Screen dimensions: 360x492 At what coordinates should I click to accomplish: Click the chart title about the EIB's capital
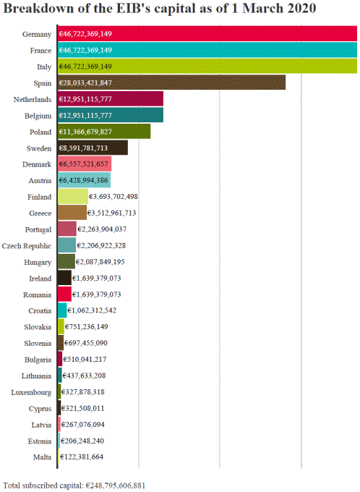(x=159, y=9)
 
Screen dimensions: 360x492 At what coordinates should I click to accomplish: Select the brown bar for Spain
(x=171, y=82)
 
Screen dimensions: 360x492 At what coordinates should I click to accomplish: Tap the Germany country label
(x=37, y=34)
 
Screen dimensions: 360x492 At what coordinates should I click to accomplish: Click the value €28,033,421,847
(x=85, y=82)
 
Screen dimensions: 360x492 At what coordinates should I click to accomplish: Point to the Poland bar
(x=104, y=132)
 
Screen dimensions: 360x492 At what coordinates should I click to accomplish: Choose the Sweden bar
(x=93, y=148)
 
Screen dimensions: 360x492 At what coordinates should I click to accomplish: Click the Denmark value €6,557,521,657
(x=83, y=164)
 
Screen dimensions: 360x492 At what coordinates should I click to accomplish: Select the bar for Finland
(x=73, y=197)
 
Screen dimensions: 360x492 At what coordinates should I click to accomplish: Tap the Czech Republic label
(x=26, y=246)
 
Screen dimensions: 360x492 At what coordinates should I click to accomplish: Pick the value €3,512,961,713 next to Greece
(x=111, y=213)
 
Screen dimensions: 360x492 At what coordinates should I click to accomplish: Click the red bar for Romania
(x=64, y=294)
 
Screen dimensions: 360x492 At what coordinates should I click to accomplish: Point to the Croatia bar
(x=62, y=310)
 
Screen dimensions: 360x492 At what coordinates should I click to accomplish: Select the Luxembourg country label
(x=31, y=393)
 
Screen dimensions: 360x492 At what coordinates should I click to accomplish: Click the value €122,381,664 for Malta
(x=82, y=457)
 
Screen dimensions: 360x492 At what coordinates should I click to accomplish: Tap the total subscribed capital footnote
(x=74, y=485)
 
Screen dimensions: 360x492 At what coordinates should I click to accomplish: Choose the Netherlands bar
(x=111, y=99)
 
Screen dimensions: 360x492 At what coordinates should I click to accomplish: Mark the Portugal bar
(x=67, y=229)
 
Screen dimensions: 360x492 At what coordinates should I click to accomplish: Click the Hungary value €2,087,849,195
(x=100, y=262)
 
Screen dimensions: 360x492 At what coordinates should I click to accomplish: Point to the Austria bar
(x=84, y=180)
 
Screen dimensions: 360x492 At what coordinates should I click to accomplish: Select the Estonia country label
(x=40, y=441)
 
